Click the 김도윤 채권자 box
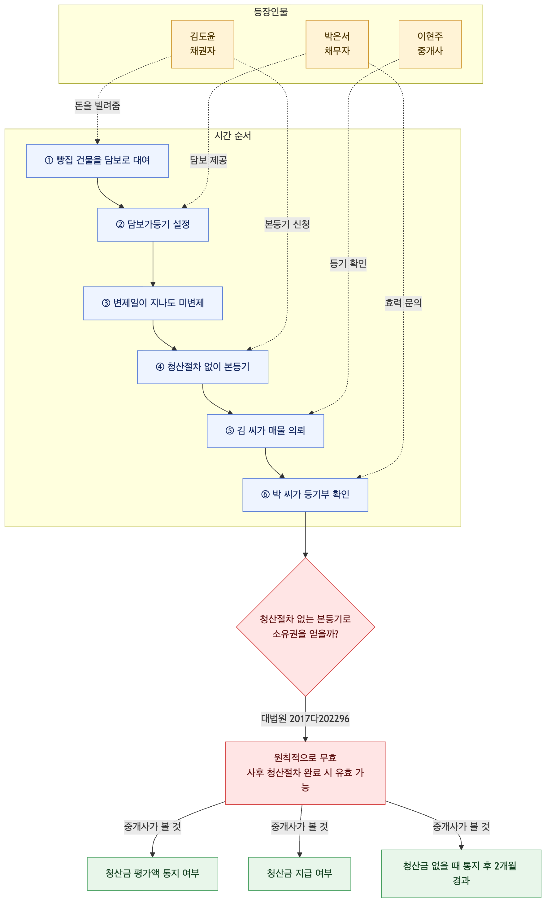[x=202, y=44]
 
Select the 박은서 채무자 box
[x=337, y=44]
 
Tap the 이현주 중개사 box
[x=430, y=44]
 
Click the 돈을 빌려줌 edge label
[x=97, y=106]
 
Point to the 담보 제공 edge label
[x=208, y=160]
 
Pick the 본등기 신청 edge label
[x=287, y=224]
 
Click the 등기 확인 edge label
[x=348, y=264]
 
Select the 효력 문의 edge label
[x=403, y=303]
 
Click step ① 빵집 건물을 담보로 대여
[x=98, y=161]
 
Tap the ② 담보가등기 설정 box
[x=153, y=225]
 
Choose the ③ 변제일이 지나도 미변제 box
[x=153, y=303]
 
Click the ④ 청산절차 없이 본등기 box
[x=203, y=367]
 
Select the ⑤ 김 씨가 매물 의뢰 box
[x=265, y=431]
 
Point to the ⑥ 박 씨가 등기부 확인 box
[x=305, y=495]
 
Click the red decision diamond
[x=306, y=627]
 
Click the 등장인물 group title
[x=271, y=12]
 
